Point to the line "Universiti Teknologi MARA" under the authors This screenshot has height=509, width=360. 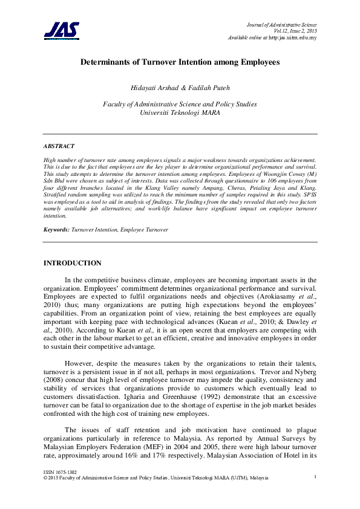tap(180, 112)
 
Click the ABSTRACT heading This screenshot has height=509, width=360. tap(59, 146)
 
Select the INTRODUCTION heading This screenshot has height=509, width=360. tap(73, 263)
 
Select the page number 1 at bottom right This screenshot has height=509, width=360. tap(316, 477)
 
